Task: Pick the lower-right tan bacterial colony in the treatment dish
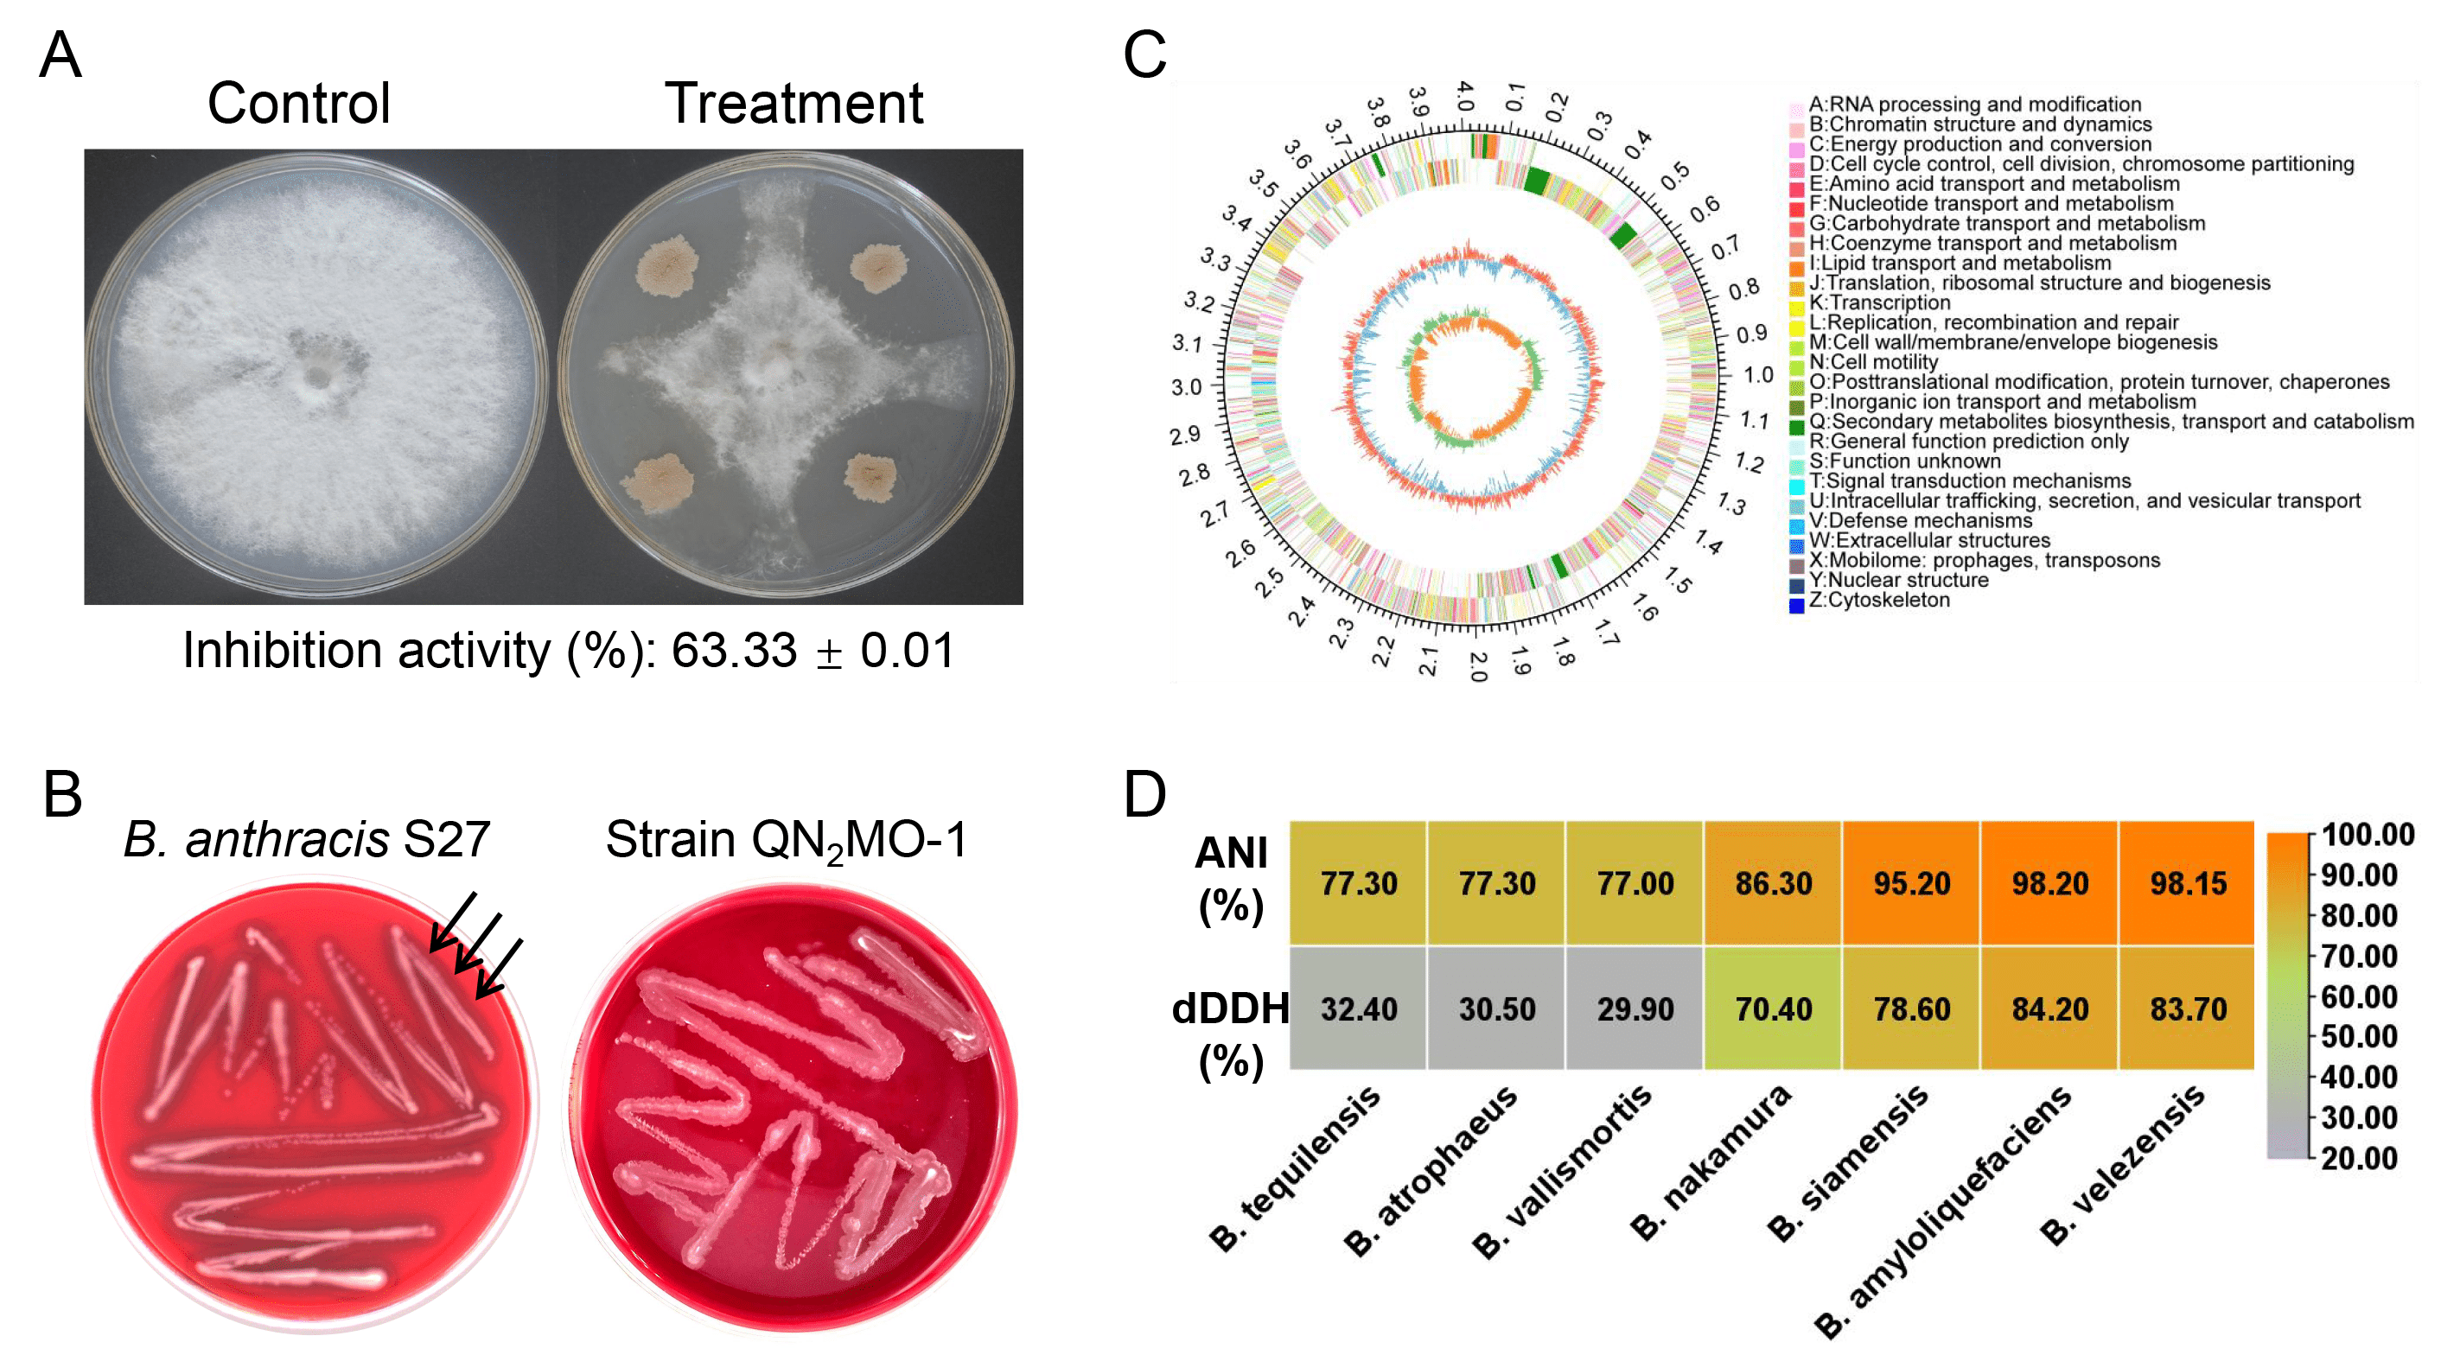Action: pyautogui.click(x=869, y=478)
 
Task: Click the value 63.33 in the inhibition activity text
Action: pyautogui.click(x=735, y=650)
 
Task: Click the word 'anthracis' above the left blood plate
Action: pyautogui.click(x=287, y=840)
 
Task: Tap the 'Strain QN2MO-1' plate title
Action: pyautogui.click(x=787, y=841)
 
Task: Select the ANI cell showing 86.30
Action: pyautogui.click(x=1773, y=883)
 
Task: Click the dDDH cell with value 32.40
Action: pyautogui.click(x=1358, y=1008)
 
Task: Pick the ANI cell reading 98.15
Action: pyautogui.click(x=2187, y=883)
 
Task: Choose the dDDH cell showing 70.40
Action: pyautogui.click(x=1773, y=1008)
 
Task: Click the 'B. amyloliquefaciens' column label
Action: pyautogui.click(x=1942, y=1213)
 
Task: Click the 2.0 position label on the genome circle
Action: pyautogui.click(x=1477, y=666)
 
